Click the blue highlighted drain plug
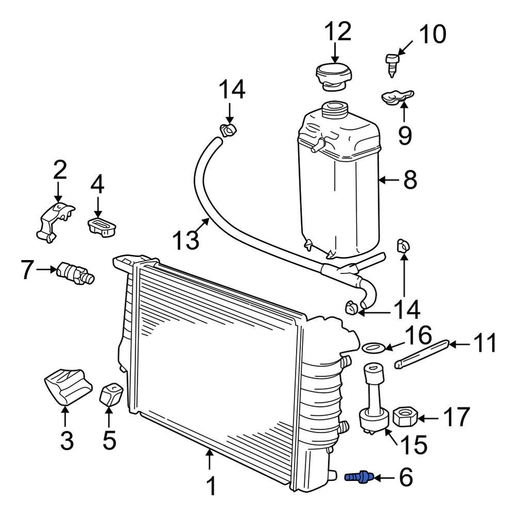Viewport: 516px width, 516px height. coord(359,477)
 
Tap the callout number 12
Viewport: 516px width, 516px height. coord(338,31)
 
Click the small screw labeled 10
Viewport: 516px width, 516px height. coord(392,65)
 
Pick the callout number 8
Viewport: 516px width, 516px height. coord(410,180)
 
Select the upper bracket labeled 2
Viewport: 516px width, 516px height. coord(55,222)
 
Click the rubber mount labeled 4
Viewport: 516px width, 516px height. coord(102,227)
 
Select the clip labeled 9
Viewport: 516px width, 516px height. coord(397,98)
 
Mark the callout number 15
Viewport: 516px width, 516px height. coord(413,444)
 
